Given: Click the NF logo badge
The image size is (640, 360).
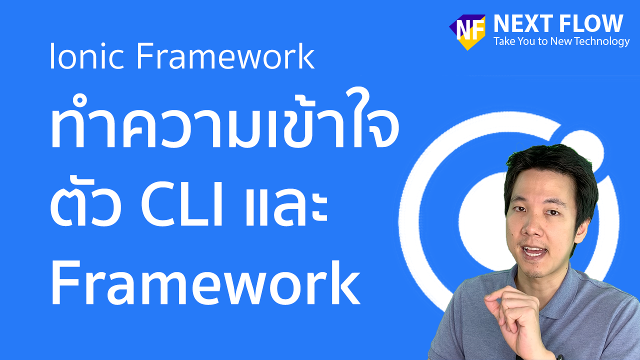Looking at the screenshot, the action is click(x=467, y=32).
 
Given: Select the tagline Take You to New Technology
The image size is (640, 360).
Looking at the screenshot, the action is click(x=561, y=41).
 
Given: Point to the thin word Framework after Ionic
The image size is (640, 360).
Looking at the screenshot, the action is click(x=225, y=56).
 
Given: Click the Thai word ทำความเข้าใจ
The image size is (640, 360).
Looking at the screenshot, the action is click(x=224, y=120).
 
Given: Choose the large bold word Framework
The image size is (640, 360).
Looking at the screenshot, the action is click(x=205, y=283).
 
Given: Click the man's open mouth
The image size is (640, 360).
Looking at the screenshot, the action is click(x=533, y=252).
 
